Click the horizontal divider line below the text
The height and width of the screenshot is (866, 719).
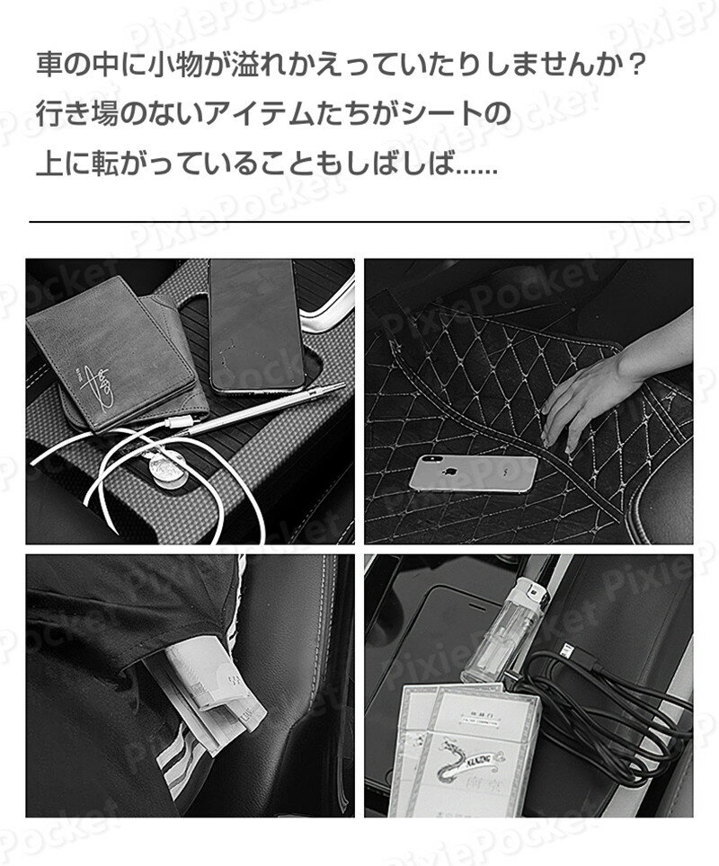pos(359,221)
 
